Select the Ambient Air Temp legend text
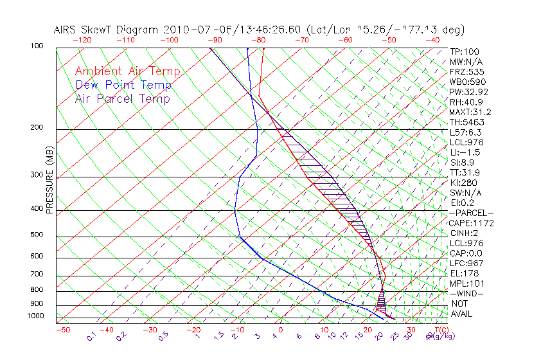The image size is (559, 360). (127, 71)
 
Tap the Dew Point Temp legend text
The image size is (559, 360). (123, 85)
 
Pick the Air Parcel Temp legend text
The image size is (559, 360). (122, 98)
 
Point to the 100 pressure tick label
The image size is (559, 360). (37, 46)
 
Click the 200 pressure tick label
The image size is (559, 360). (37, 128)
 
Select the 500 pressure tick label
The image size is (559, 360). (37, 235)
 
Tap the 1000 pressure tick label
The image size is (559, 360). (35, 316)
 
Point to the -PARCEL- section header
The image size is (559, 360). (471, 213)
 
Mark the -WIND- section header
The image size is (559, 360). (466, 294)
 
